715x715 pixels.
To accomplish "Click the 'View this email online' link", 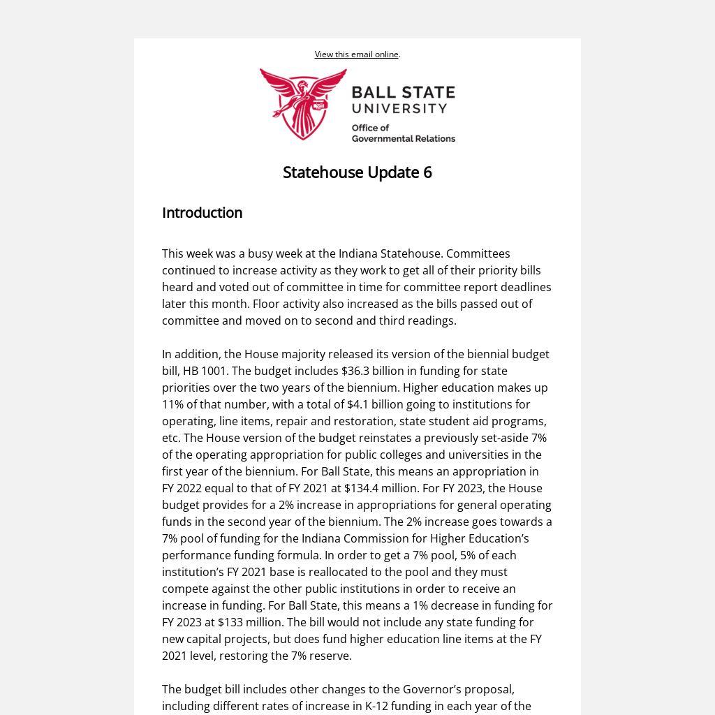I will coord(356,54).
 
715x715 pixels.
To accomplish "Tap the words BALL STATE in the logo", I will coord(403,93).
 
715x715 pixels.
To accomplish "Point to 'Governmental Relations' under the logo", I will coord(403,138).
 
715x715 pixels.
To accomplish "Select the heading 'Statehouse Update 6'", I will coord(357,172).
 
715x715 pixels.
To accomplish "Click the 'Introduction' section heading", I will coord(202,213).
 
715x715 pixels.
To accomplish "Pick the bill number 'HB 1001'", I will coord(205,371).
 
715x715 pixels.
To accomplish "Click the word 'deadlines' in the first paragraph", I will coord(526,287).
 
